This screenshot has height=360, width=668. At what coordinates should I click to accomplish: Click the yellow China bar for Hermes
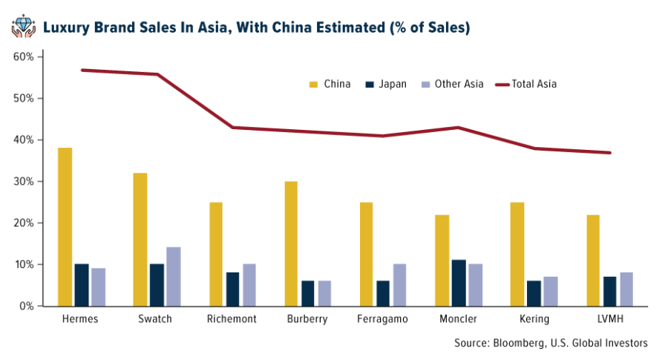coord(65,226)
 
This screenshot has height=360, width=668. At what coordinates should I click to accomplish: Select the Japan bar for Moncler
coord(461,283)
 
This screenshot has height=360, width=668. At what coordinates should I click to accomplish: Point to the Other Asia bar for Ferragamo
coord(399,285)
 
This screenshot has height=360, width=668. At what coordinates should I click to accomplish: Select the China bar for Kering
coord(517,254)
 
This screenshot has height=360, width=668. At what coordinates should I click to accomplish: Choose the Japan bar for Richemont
coord(233,289)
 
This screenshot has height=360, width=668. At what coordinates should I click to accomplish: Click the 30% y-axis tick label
coord(24,181)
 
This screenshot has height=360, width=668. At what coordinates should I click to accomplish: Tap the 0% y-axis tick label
coord(27,306)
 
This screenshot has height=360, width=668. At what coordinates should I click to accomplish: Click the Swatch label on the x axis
coord(156,319)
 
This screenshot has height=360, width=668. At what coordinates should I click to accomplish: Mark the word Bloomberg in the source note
coord(517,343)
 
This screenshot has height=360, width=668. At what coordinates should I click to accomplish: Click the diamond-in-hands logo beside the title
coord(23,27)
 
